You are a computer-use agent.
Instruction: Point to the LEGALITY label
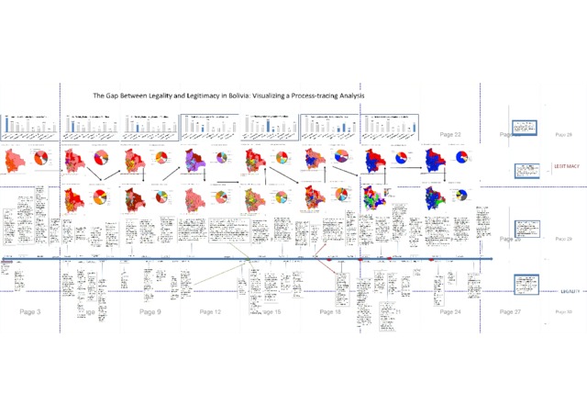coord(570,290)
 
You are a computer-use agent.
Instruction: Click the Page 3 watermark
coord(30,312)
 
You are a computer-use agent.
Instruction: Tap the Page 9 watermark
coord(150,312)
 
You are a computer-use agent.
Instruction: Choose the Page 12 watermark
coord(210,312)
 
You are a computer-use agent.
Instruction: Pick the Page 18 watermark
coord(330,312)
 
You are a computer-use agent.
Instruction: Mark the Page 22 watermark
coord(449,135)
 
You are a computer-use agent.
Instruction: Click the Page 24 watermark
coord(450,312)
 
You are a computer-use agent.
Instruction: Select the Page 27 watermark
coord(510,312)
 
